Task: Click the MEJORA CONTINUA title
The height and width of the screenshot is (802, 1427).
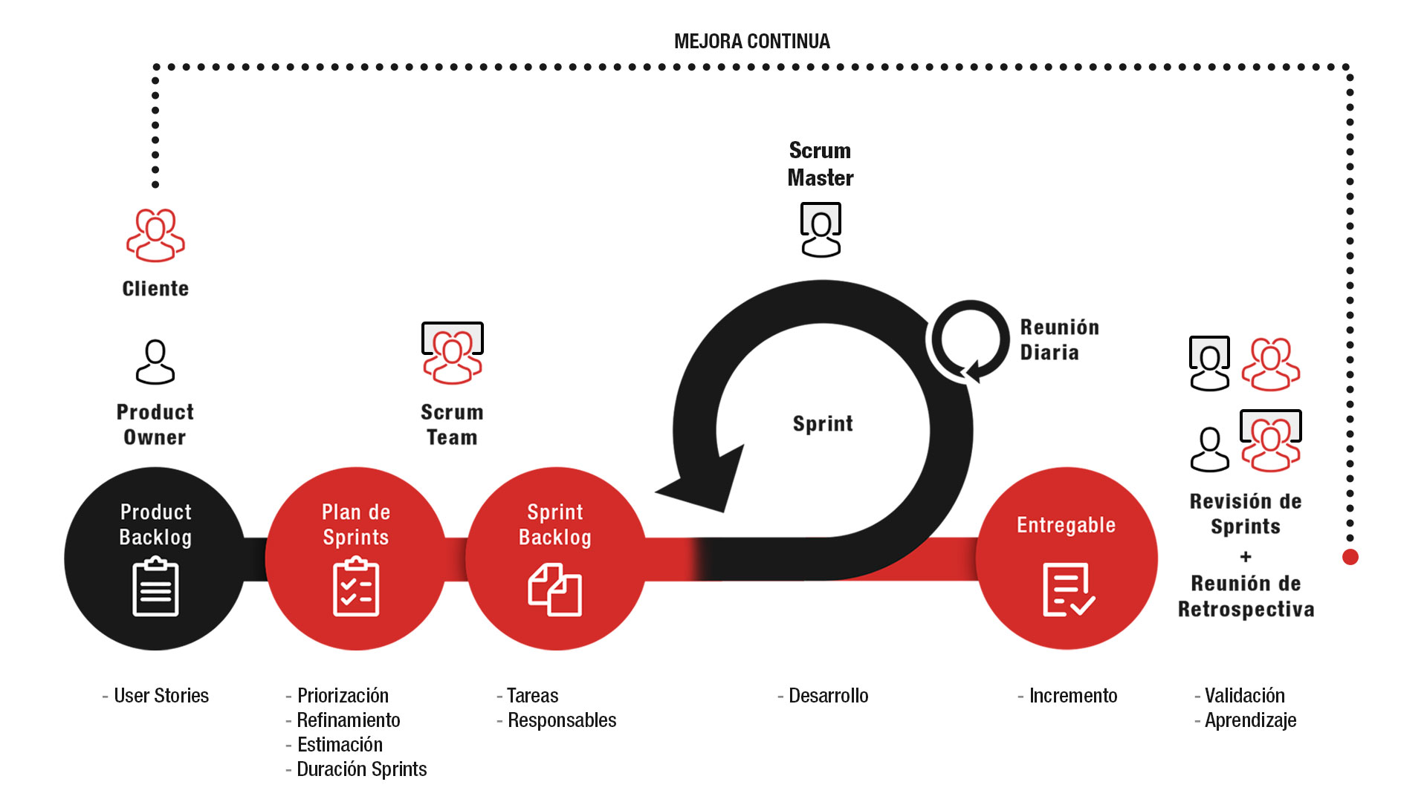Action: (751, 42)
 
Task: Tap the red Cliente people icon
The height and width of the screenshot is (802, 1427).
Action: (155, 235)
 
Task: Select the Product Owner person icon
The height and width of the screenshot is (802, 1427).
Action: (155, 362)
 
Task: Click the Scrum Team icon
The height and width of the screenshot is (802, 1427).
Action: (453, 353)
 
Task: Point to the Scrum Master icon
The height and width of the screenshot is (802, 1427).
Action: (821, 229)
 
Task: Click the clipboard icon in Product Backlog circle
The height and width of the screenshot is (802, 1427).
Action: (155, 587)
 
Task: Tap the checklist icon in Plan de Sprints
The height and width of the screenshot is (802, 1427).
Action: (356, 587)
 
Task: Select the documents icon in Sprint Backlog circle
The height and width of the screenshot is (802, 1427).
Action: (555, 590)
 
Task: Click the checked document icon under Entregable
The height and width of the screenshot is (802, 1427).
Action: (1069, 590)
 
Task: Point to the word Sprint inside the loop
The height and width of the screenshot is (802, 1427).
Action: (823, 424)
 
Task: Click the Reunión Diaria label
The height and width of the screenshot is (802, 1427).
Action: (1059, 339)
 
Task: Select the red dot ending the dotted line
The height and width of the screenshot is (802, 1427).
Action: (1350, 557)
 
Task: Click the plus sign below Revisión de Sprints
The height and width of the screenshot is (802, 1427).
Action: (1246, 556)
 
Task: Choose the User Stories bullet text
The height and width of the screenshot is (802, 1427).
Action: (155, 696)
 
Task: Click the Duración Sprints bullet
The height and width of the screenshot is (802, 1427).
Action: (356, 769)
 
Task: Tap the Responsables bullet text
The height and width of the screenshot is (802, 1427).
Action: (557, 720)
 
